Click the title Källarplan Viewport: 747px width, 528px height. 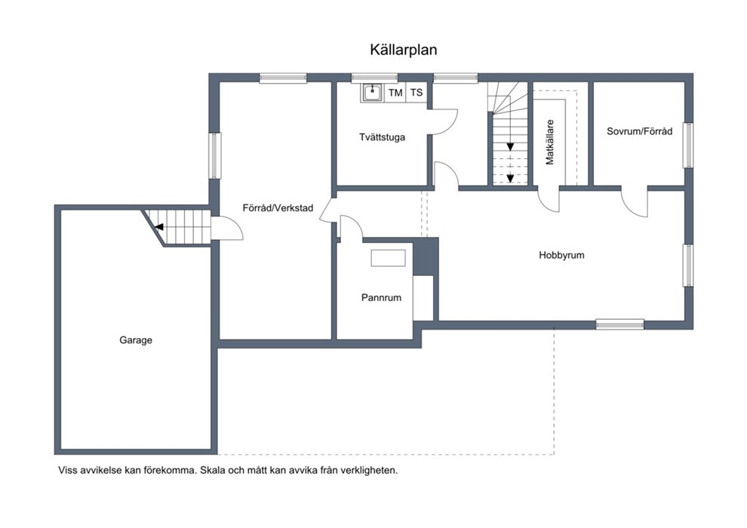click(x=404, y=50)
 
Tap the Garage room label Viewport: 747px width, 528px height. click(x=136, y=340)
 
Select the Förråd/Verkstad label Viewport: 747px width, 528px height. click(x=278, y=208)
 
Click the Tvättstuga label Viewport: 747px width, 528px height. click(x=382, y=137)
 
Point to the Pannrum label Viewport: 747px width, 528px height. click(x=381, y=297)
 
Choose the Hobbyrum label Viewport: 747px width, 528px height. click(x=561, y=255)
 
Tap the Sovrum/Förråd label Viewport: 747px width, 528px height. click(x=639, y=131)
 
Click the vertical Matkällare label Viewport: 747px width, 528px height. click(x=550, y=142)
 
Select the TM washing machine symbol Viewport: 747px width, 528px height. click(x=395, y=93)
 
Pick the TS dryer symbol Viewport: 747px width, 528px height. click(x=417, y=93)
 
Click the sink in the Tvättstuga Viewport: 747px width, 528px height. click(x=372, y=92)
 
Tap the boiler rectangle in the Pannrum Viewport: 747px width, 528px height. click(x=389, y=258)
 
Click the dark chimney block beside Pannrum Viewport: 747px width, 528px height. click(x=426, y=256)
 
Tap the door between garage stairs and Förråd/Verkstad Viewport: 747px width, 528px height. click(x=228, y=229)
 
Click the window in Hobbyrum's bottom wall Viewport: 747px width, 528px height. click(x=619, y=324)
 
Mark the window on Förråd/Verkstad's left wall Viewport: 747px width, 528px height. click(x=215, y=155)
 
